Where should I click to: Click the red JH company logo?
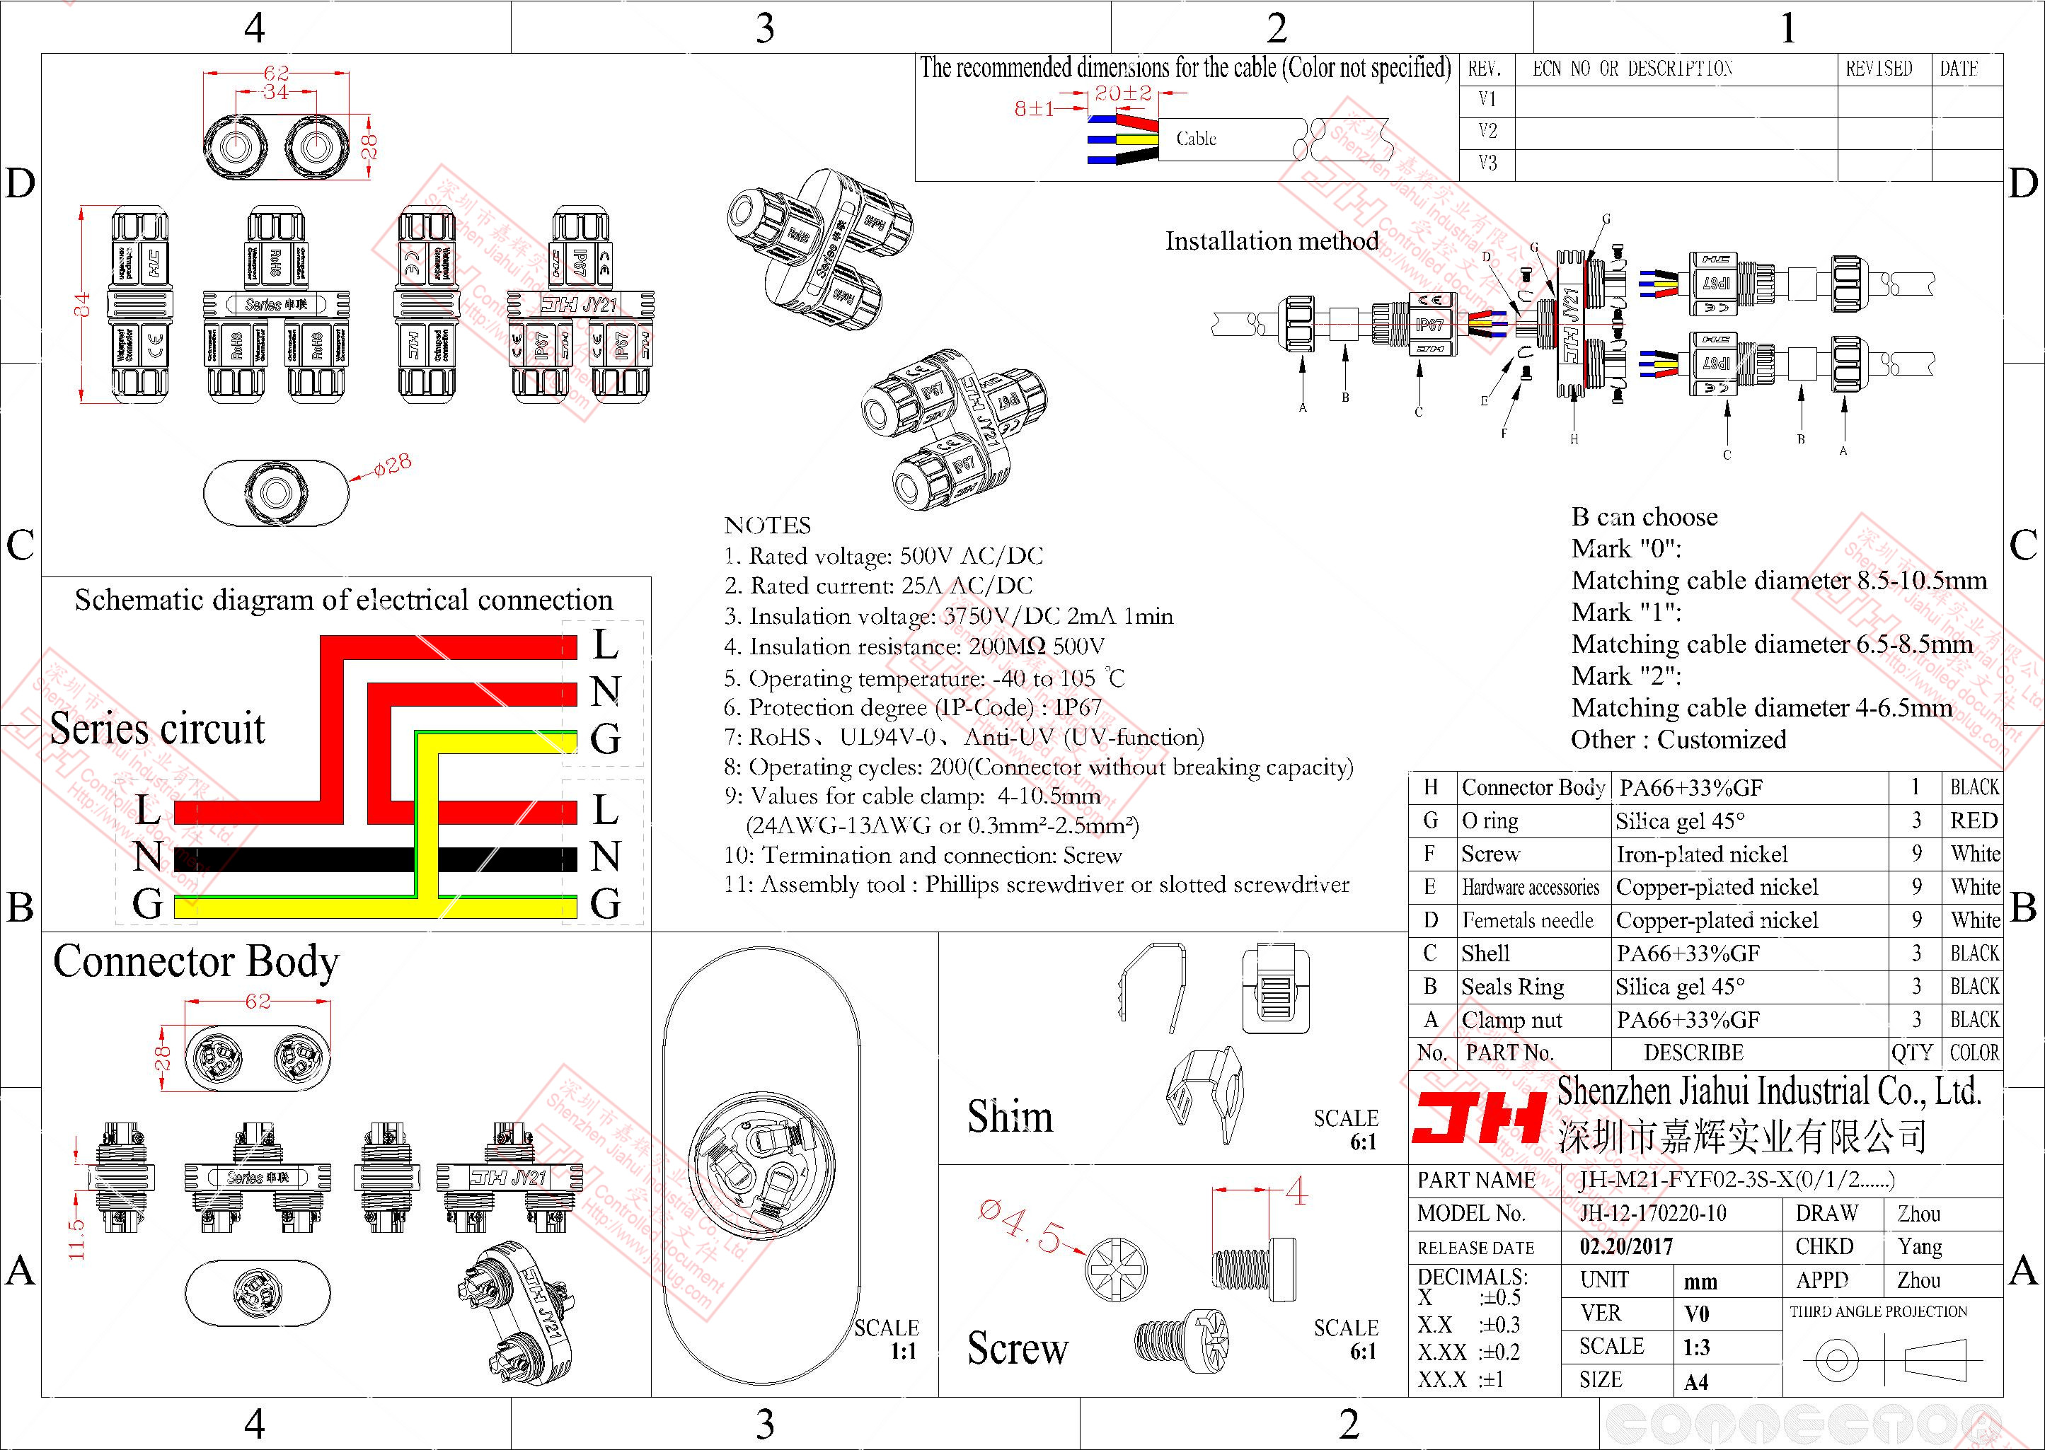tap(1478, 1119)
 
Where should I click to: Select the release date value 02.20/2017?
tap(1626, 1246)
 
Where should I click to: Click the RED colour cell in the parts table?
tap(1974, 820)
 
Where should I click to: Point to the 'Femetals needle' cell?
tap(1527, 920)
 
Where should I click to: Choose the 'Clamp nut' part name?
tap(1511, 1020)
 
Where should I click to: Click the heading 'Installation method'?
tap(1272, 241)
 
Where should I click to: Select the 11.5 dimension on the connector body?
tap(77, 1238)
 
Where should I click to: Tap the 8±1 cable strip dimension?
tap(1033, 109)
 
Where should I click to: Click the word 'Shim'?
tap(1010, 1117)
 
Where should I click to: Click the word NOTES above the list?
tap(767, 525)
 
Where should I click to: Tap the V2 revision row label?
tap(1487, 132)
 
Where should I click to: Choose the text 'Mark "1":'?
tap(1626, 613)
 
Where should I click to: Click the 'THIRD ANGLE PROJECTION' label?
tap(1878, 1311)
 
